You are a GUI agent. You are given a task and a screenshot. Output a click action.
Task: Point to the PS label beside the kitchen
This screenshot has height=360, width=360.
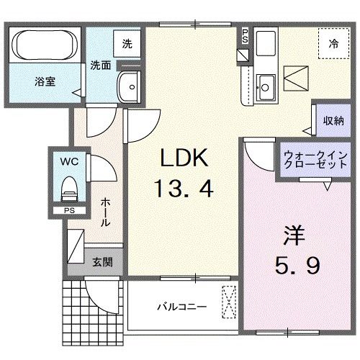point(245,35)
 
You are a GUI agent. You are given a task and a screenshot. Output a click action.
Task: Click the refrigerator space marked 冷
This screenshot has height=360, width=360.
point(333,42)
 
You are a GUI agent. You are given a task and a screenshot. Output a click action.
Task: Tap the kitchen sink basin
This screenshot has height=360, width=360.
point(264,87)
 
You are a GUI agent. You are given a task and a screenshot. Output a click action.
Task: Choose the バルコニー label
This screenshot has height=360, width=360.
point(183,306)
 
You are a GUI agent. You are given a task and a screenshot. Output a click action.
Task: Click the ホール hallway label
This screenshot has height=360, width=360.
point(105,214)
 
